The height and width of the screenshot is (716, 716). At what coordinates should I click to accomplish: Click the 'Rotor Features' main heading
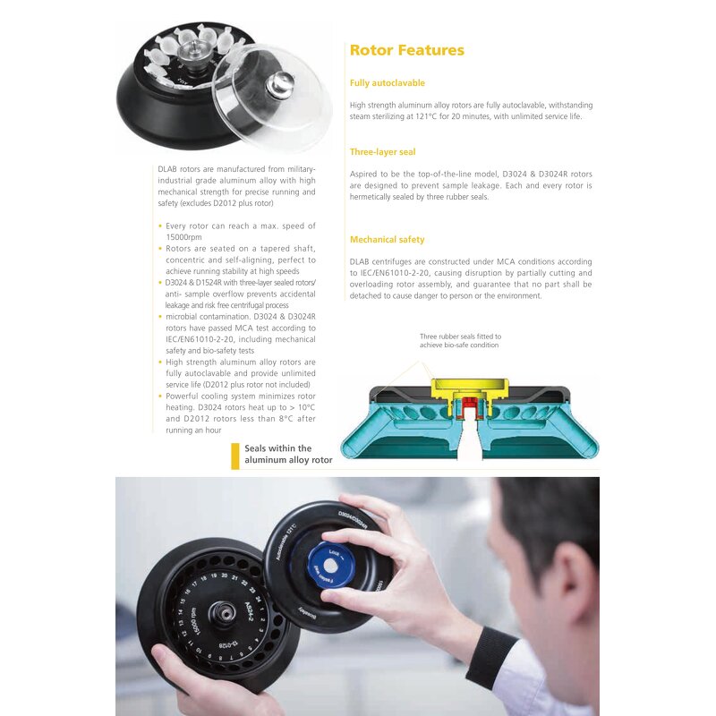coord(406,50)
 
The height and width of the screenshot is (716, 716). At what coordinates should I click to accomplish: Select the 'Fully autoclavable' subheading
coord(387,83)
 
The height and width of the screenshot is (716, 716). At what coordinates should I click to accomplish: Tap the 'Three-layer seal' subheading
coord(382,152)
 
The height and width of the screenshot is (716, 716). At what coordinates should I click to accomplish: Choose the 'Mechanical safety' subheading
coord(387,240)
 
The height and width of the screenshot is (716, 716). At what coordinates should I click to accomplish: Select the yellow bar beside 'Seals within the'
coord(235,456)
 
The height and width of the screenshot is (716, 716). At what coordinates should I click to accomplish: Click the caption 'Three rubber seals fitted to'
coord(459,337)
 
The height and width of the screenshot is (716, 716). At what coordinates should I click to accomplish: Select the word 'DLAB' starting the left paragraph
coord(167,169)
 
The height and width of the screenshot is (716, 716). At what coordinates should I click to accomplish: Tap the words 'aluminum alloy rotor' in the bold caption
coord(288,460)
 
